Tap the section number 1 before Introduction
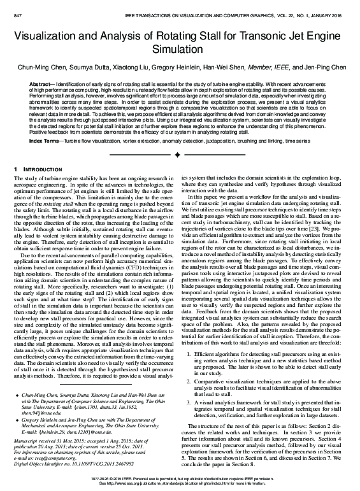pyautogui.click(x=16, y=168)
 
